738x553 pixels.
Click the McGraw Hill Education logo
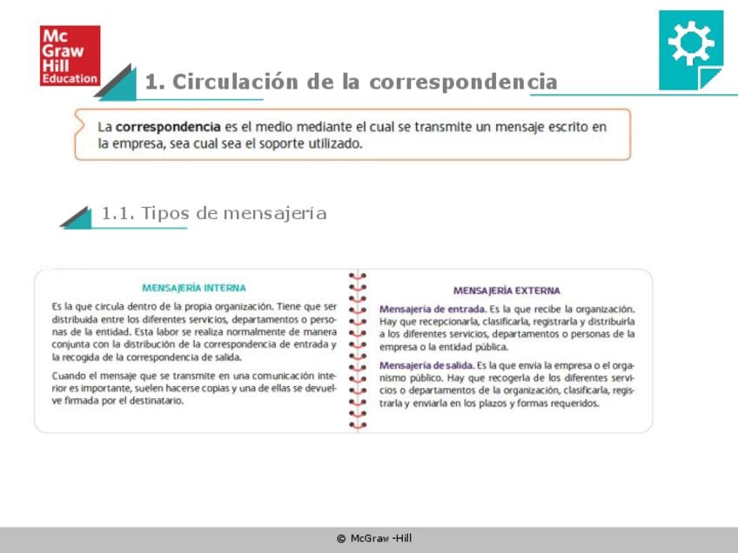[70, 56]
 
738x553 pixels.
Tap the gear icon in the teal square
[690, 41]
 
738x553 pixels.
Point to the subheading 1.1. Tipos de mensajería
[214, 213]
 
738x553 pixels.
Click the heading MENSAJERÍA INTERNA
[193, 288]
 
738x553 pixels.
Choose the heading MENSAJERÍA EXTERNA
[507, 290]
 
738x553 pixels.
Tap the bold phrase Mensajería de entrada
[432, 309]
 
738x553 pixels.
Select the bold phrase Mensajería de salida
[426, 365]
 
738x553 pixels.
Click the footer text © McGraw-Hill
[374, 538]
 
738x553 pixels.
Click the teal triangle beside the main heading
[120, 82]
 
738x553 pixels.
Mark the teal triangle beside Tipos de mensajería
[79, 217]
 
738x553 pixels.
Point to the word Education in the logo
[70, 78]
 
